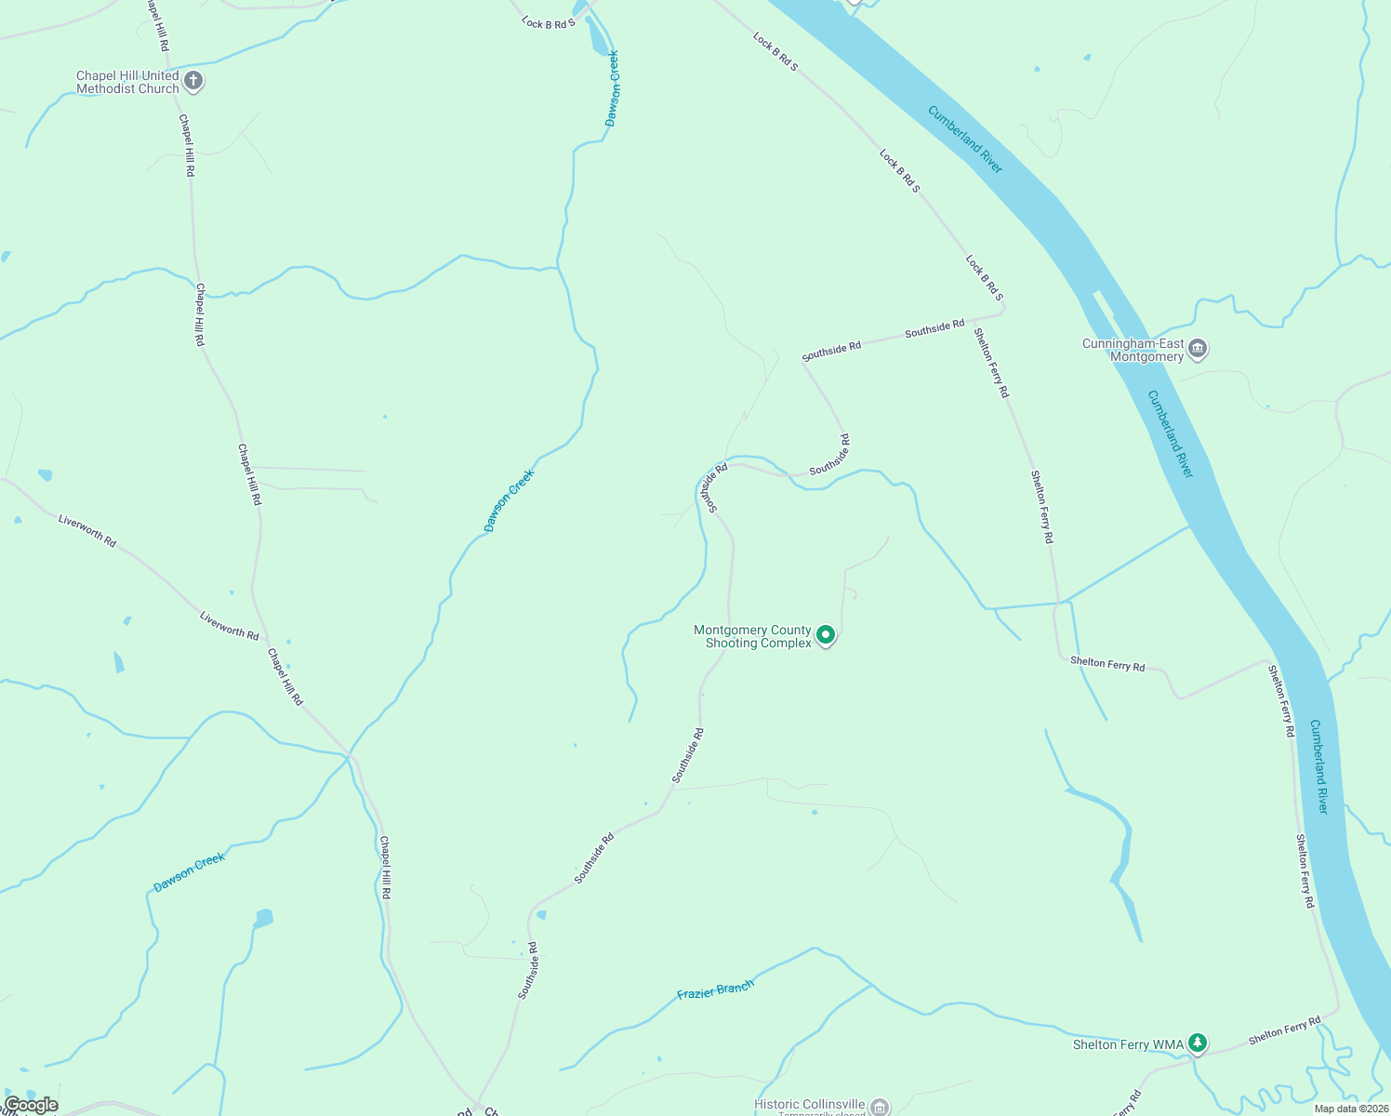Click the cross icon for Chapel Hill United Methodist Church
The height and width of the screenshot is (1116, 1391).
point(193,81)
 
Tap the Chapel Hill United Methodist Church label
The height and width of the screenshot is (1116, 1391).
point(127,82)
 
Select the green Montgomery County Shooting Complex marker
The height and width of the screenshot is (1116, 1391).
point(825,635)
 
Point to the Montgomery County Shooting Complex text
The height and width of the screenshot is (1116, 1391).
point(753,636)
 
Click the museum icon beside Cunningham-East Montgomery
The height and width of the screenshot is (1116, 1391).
point(1198,349)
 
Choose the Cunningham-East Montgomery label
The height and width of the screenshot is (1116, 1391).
point(1133,350)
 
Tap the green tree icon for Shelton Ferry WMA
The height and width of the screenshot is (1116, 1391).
point(1199,1043)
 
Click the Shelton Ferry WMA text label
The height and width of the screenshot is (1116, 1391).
point(1128,1044)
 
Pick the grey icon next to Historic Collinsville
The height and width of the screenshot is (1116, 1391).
point(880,1107)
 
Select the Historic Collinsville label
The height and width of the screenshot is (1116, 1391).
point(810,1104)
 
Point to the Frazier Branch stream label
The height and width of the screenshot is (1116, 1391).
point(715,990)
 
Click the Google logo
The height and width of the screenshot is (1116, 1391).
point(31,1105)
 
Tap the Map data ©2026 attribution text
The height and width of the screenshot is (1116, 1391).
point(1350,1109)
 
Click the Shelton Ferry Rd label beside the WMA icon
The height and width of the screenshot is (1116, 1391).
point(1284,1030)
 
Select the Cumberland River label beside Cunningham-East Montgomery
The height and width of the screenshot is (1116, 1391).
point(1170,433)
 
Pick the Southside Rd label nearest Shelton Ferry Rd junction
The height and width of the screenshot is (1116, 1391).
point(934,327)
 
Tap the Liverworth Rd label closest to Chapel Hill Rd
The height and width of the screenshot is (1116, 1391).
point(229,625)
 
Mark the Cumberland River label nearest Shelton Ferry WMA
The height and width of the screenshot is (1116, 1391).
point(1318,766)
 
